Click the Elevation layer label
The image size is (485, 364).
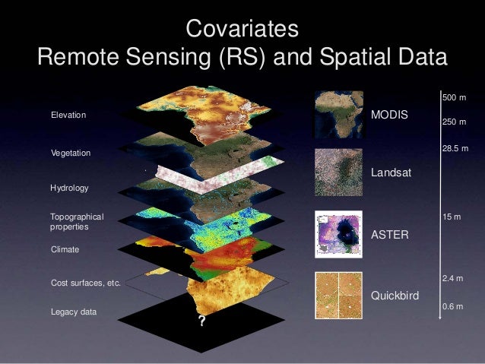tap(68, 115)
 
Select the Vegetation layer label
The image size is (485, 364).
tap(70, 153)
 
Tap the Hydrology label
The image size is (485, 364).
tap(69, 186)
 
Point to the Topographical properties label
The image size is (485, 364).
tap(75, 222)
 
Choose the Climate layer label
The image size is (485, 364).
tap(65, 248)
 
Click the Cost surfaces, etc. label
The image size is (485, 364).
tap(85, 283)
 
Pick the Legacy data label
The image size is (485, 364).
tap(74, 312)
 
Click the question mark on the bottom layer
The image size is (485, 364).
tap(201, 321)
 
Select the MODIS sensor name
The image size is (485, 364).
tap(388, 115)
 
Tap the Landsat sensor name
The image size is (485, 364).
tap(390, 173)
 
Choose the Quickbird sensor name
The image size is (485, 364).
tap(394, 296)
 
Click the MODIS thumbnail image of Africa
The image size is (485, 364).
tap(337, 114)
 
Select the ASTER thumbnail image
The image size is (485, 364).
tap(337, 236)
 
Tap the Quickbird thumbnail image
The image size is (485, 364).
tap(337, 296)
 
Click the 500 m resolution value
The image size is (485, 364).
tap(454, 99)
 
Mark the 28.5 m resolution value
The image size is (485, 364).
tap(455, 151)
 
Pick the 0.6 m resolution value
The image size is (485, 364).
tap(454, 306)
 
